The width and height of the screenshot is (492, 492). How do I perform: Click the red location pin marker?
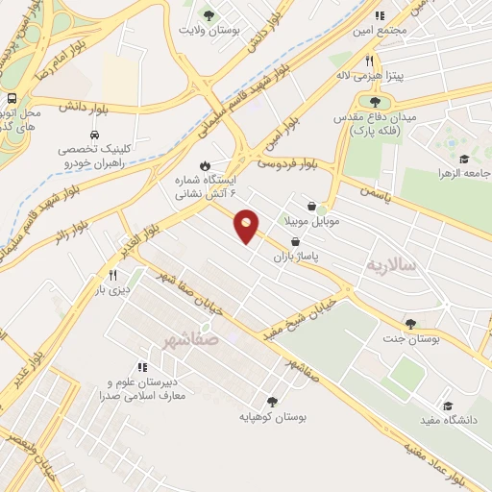[247, 225]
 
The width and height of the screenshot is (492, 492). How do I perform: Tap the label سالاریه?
[393, 263]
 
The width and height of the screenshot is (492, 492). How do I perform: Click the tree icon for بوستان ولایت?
[209, 14]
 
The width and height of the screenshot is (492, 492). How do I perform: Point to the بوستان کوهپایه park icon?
[270, 402]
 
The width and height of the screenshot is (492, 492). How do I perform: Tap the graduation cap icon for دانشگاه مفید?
[447, 406]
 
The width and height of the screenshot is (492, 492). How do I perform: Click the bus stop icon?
[12, 99]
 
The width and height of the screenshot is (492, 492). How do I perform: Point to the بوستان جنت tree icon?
[411, 324]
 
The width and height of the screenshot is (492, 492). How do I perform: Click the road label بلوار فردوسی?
[287, 162]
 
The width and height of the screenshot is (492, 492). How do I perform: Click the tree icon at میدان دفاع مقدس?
[374, 102]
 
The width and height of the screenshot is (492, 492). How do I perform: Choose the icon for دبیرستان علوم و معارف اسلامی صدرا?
[143, 366]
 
